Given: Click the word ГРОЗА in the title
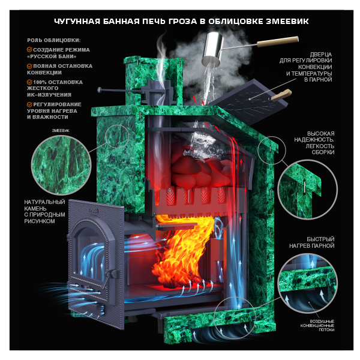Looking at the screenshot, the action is point(183,22).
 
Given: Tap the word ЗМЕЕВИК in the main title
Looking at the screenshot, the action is point(287,22).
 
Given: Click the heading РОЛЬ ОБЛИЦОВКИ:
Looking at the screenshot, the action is point(54,40).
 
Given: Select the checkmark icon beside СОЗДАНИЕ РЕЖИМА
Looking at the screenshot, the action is point(29,50).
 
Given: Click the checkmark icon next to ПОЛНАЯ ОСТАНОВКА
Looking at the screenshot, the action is point(29,66).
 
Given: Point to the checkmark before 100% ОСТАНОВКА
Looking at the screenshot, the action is point(29,82).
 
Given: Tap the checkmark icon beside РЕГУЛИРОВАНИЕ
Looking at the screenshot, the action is point(29,104).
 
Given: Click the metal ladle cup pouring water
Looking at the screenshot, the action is point(212,49).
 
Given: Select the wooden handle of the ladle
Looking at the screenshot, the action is point(278,41).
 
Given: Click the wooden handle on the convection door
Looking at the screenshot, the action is point(281,95).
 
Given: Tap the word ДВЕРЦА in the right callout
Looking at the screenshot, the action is point(321,55).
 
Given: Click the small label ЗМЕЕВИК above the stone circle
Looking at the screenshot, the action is point(61,131).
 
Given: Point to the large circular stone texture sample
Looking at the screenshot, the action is point(61,165).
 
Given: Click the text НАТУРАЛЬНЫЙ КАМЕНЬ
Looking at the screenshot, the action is point(44,205).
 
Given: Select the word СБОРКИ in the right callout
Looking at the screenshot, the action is point(323,152).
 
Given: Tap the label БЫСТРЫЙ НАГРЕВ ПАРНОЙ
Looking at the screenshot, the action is point(311,242).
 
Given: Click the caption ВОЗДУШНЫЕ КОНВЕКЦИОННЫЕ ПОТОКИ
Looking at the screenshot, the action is point(317,326).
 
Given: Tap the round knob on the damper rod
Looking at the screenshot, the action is point(100,90).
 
